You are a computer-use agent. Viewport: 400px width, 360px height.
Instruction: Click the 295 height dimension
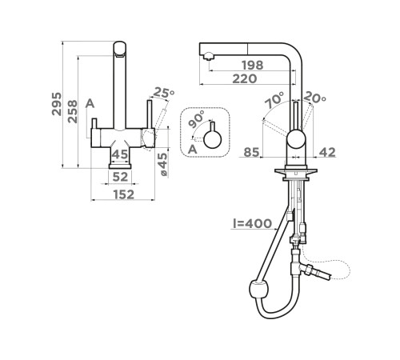[57, 104]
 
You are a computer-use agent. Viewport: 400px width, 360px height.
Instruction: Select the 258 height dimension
[72, 111]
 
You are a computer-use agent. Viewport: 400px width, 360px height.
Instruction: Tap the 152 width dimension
[124, 194]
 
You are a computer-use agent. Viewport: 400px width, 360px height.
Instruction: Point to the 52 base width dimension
[120, 177]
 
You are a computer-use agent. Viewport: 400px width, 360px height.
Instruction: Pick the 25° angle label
[164, 93]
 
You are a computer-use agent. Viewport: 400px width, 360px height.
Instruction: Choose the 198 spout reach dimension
[252, 65]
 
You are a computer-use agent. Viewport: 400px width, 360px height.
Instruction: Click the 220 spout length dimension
[245, 79]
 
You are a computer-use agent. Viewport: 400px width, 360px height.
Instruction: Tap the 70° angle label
[274, 100]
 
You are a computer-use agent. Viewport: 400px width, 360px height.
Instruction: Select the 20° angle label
[314, 97]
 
